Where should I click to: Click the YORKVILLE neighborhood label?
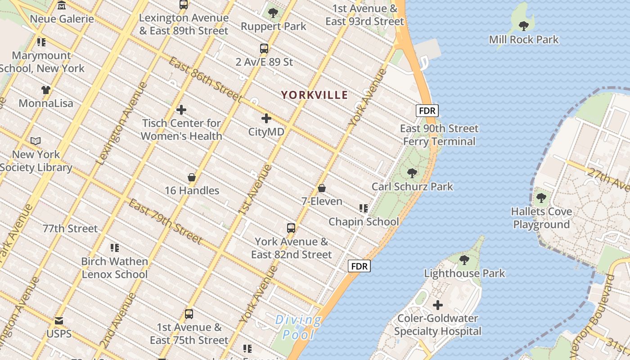pyautogui.click(x=315, y=95)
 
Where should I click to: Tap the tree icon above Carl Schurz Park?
pyautogui.click(x=412, y=173)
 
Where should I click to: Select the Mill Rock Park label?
pyautogui.click(x=524, y=40)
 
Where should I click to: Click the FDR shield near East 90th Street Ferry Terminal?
pyautogui.click(x=427, y=111)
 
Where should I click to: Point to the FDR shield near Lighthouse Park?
pyautogui.click(x=359, y=266)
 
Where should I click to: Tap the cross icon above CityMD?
pyautogui.click(x=266, y=118)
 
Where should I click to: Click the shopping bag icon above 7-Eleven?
pyautogui.click(x=322, y=188)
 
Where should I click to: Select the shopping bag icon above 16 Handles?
pyautogui.click(x=192, y=177)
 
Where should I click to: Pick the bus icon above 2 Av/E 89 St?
pyautogui.click(x=264, y=49)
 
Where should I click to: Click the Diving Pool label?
pyautogui.click(x=298, y=327)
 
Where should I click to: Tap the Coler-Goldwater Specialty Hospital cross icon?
pyautogui.click(x=437, y=305)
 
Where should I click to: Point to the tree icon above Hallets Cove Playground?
pyautogui.click(x=541, y=198)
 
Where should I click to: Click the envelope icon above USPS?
pyautogui.click(x=59, y=321)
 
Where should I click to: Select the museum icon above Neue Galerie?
pyautogui.click(x=62, y=5)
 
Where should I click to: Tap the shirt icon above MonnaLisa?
pyautogui.click(x=46, y=90)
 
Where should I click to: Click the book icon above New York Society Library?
pyautogui.click(x=36, y=141)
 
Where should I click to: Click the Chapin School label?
pyautogui.click(x=364, y=222)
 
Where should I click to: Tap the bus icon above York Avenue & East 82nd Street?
pyautogui.click(x=291, y=228)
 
